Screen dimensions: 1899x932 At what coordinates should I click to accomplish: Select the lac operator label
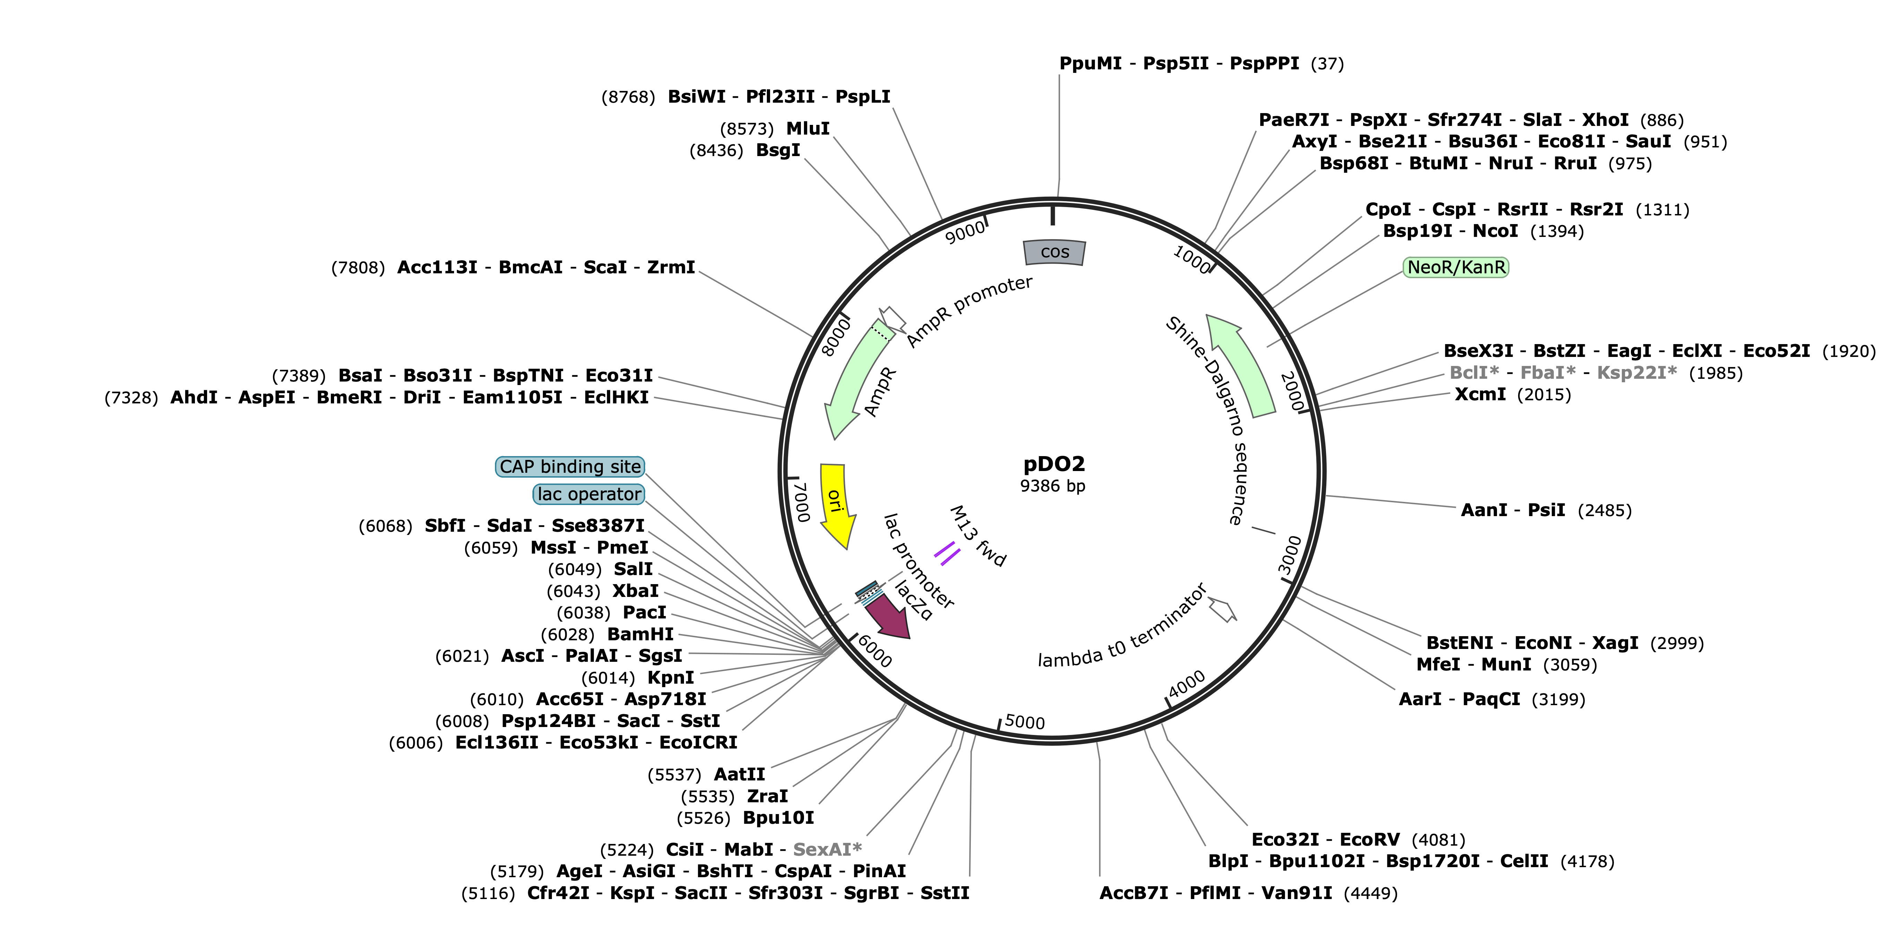[589, 494]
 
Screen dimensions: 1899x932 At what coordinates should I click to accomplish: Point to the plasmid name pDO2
[1054, 464]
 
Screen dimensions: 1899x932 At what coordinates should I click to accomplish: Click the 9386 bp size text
[1053, 486]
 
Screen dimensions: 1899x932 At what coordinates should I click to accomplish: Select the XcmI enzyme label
[1480, 394]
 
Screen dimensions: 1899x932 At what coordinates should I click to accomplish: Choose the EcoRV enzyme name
[1369, 840]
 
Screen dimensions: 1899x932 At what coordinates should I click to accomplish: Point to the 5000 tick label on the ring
[1025, 722]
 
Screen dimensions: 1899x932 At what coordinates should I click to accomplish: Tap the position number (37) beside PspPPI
[1327, 64]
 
